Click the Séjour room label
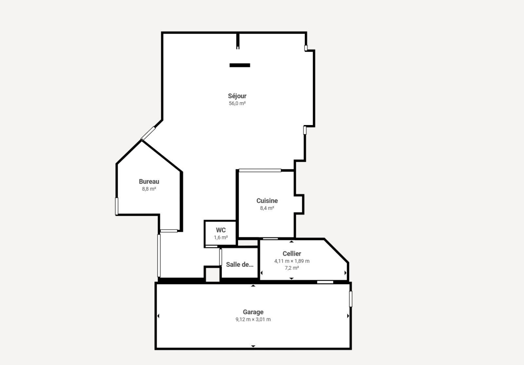coord(237,96)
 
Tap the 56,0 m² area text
coord(237,103)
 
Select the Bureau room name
coord(149,181)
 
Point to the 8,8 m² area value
coord(149,189)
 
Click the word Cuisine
coord(267,201)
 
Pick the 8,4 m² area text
coord(267,208)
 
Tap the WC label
coord(221,230)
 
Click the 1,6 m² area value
coord(221,238)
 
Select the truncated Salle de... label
coord(240,265)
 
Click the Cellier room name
coord(292,253)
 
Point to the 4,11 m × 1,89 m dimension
coord(292,261)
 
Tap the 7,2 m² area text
coord(292,268)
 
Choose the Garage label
coord(253,312)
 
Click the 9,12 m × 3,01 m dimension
coord(253,319)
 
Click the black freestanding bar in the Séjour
coord(240,65)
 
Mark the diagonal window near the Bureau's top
coord(148,133)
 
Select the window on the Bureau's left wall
coord(117,206)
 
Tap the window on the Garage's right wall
coord(351,299)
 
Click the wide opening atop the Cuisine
coord(260,171)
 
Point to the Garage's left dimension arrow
coord(159,316)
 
